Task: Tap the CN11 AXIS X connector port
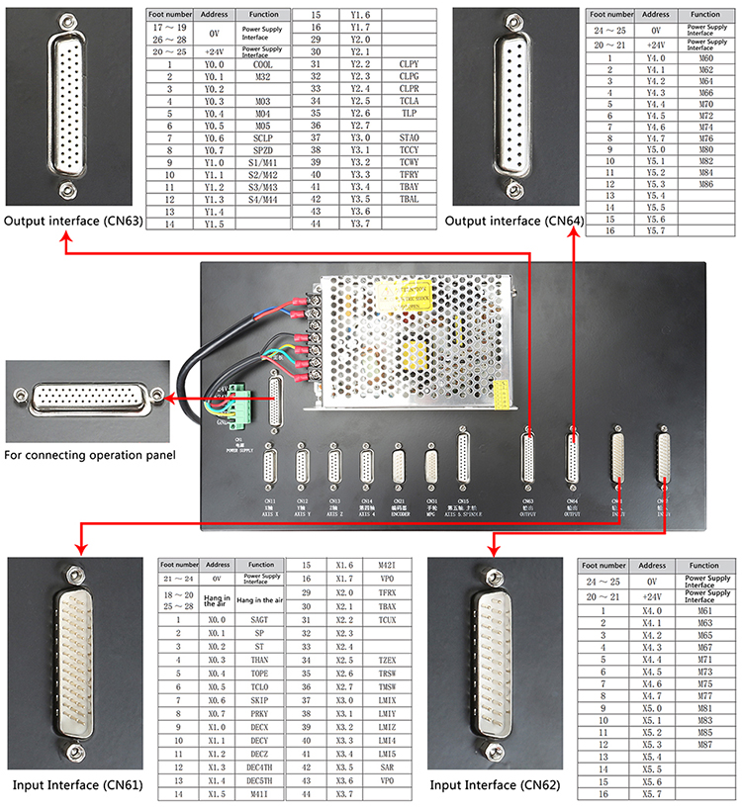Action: [270, 466]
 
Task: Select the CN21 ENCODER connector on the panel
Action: [399, 466]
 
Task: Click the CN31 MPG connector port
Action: [431, 466]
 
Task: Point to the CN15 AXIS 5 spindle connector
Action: [463, 457]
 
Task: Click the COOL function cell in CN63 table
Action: [262, 63]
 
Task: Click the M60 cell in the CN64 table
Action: [705, 58]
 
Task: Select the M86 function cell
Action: [705, 184]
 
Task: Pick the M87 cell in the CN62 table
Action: [705, 743]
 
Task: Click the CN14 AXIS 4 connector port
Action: [366, 466]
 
